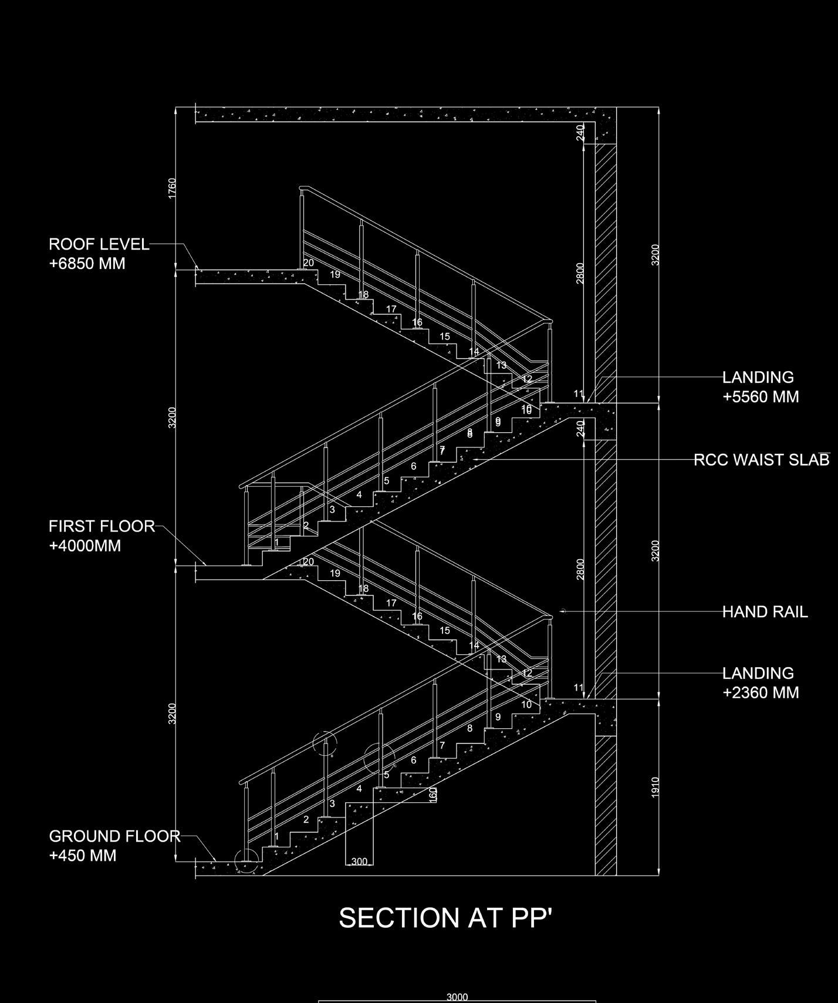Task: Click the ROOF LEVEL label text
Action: coord(99,244)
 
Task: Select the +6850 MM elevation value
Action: coord(87,263)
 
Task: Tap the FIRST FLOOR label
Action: coord(102,526)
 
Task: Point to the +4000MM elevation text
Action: coord(85,546)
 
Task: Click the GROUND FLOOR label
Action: coord(114,836)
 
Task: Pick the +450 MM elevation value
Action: coord(83,855)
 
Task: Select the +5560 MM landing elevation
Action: coord(761,396)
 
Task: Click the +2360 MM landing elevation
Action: coord(761,692)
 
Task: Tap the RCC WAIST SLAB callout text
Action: coord(762,460)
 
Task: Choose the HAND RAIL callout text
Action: coord(765,612)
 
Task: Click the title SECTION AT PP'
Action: coord(446,918)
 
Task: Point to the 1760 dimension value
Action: coord(172,189)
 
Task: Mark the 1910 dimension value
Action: coord(655,787)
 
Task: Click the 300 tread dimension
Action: coord(359,861)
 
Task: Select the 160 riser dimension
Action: coord(433,795)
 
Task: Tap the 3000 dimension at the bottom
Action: coord(457,997)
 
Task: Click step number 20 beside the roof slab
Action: coord(308,263)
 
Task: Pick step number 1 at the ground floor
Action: coord(277,836)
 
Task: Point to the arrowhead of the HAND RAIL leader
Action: coord(562,611)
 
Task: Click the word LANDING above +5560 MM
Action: coord(758,377)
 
